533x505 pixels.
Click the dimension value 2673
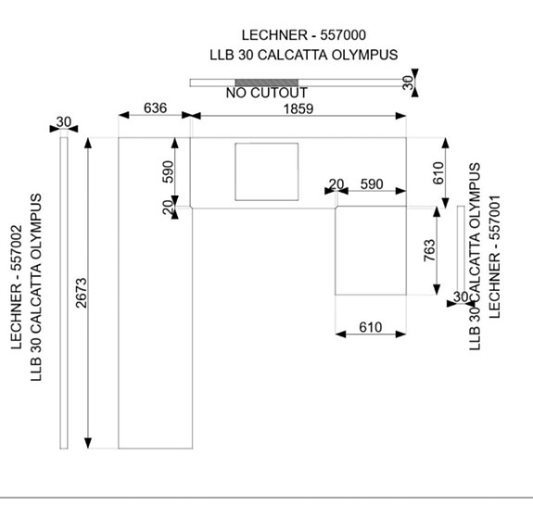(82, 294)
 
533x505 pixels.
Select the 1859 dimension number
(298, 109)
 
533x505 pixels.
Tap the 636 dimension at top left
(156, 108)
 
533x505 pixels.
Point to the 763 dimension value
(430, 250)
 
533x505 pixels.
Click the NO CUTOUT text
(267, 93)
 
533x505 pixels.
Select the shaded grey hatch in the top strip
(267, 82)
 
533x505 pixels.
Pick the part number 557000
(343, 35)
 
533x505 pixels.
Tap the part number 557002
(17, 247)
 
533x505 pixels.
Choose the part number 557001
(495, 218)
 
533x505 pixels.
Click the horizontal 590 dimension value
(372, 184)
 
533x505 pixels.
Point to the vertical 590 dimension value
(168, 171)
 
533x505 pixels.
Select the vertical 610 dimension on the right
(438, 173)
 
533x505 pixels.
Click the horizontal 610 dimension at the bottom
(371, 328)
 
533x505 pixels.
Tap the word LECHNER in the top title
(270, 35)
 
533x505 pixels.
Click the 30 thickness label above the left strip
(64, 121)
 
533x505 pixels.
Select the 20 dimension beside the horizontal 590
(336, 184)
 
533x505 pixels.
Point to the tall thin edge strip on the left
(64, 293)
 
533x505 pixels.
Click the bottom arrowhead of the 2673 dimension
(88, 444)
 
